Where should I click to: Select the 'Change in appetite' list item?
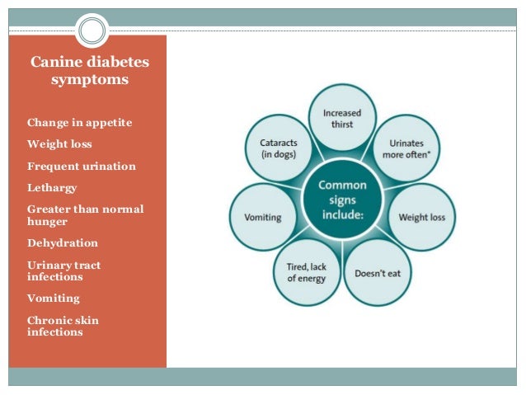[x=79, y=123]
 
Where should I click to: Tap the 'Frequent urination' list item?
[x=82, y=167]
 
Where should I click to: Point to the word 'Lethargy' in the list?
[x=52, y=188]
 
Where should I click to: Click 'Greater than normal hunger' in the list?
[x=85, y=215]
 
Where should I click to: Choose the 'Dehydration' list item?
[x=63, y=243]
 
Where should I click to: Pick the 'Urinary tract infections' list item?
[x=63, y=270]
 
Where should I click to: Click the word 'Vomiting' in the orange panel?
[x=54, y=299]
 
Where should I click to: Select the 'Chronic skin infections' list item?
[x=61, y=326]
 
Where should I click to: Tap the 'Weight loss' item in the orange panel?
[x=59, y=144]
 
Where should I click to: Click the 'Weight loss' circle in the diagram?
[x=421, y=217]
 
